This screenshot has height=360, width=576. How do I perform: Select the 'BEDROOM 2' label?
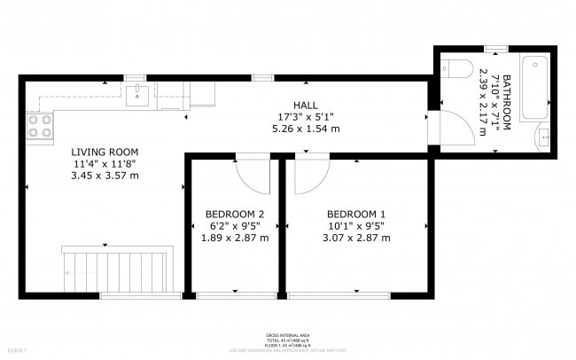(x=235, y=214)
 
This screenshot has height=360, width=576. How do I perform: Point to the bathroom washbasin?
(x=544, y=137)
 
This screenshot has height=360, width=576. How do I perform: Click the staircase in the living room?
(x=115, y=268)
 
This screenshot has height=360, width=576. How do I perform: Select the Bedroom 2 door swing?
(x=253, y=175)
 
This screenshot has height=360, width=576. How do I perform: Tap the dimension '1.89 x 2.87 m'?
(x=235, y=238)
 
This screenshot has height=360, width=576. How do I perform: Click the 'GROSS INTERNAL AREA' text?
(x=287, y=336)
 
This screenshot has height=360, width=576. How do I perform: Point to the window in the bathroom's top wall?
(x=496, y=47)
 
